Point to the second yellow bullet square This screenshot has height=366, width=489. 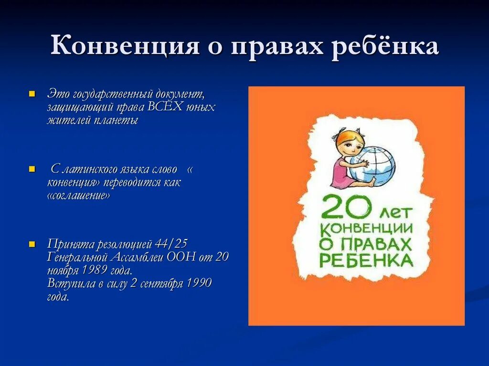pyautogui.click(x=32, y=169)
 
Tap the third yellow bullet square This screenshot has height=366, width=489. pyautogui.click(x=32, y=244)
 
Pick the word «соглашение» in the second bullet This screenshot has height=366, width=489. pyautogui.click(x=79, y=196)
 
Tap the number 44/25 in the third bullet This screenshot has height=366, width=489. pyautogui.click(x=171, y=244)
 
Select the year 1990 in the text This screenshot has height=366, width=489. pyautogui.click(x=199, y=283)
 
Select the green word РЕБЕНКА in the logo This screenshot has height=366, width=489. pyautogui.click(x=365, y=261)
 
